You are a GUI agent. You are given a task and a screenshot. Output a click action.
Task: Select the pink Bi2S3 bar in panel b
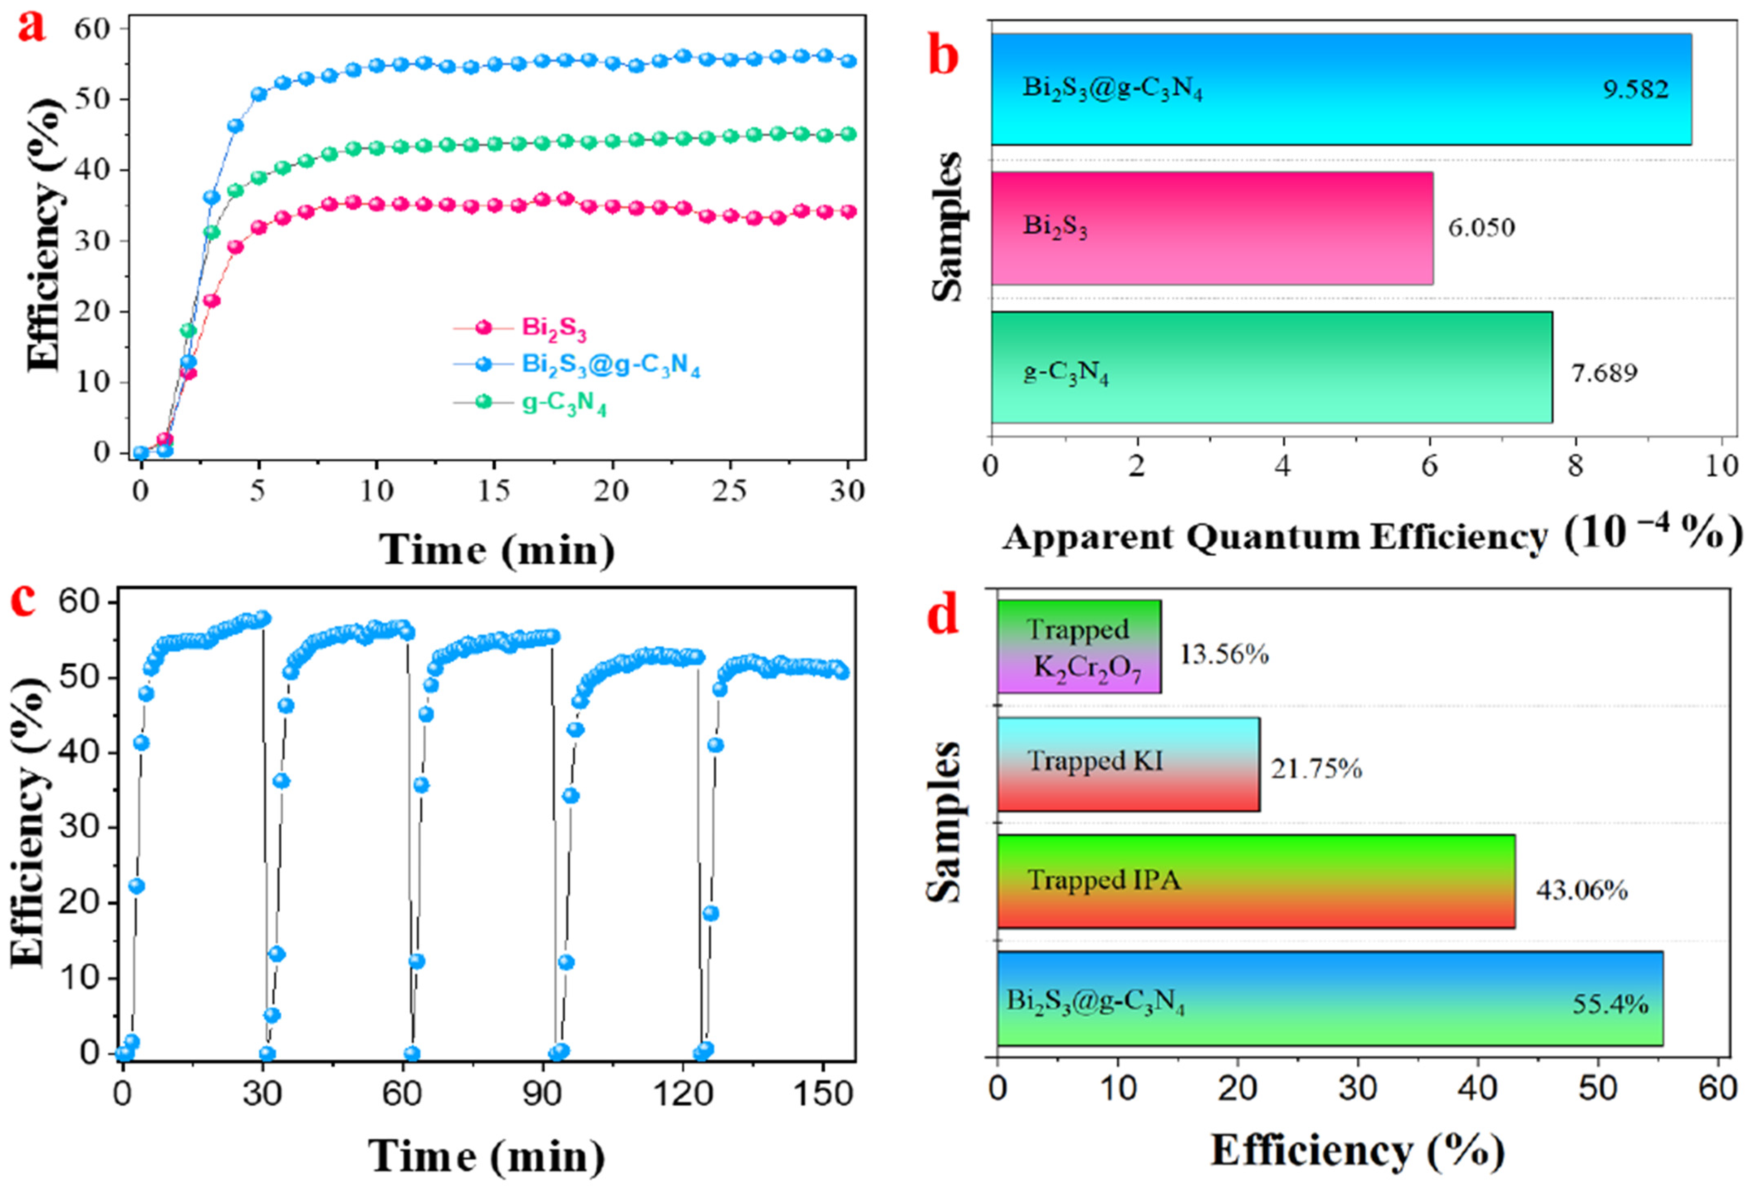(1211, 228)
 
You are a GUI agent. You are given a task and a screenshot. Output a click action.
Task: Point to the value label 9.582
(1635, 89)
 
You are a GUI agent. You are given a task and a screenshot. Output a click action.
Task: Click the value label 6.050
(1481, 227)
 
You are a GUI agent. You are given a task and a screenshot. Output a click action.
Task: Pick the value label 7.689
(1604, 373)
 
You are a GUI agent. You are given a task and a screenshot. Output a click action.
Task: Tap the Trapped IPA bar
(1255, 881)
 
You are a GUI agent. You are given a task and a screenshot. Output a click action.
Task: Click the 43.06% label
(1581, 891)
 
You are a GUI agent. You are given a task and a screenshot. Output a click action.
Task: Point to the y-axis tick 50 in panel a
(91, 99)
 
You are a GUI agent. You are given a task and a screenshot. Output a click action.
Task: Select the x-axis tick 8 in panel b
(1575, 466)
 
